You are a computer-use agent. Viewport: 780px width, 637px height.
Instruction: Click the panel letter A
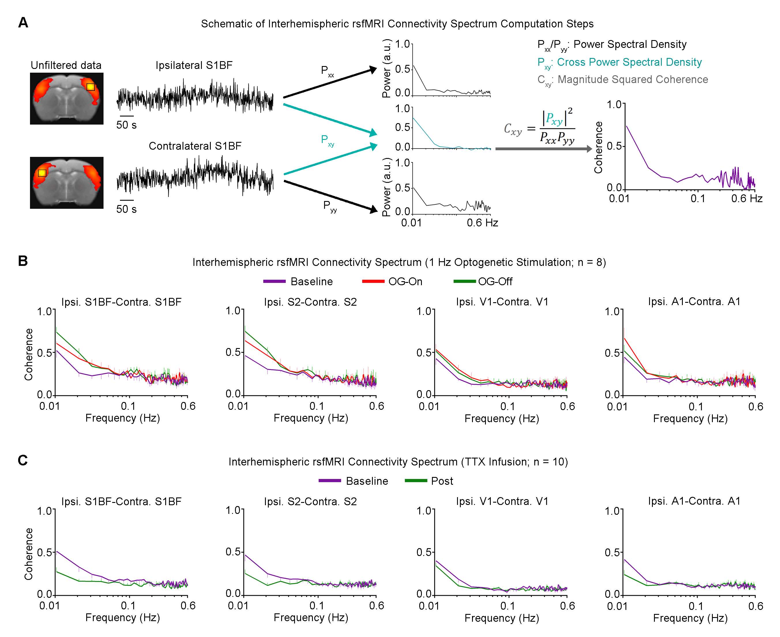coord(23,23)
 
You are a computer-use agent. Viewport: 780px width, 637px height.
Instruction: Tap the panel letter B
coord(23,261)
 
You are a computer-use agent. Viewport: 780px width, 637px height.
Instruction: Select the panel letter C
coord(23,460)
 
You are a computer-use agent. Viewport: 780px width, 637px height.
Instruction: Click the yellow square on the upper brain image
coord(91,87)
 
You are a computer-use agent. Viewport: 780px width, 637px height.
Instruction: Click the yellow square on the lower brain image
coord(42,173)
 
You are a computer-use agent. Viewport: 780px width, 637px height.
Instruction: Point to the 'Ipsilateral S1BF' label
coord(194,65)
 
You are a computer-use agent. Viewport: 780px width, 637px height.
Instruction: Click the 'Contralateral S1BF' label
coord(195,146)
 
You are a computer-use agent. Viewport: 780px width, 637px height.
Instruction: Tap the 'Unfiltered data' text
coord(66,65)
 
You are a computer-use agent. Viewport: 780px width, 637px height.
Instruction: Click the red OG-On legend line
coord(373,281)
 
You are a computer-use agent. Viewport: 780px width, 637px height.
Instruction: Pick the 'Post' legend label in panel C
coord(442,481)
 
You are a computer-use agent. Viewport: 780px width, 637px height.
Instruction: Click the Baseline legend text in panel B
coord(311,281)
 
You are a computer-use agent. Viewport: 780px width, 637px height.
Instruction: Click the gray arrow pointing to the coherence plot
coord(543,149)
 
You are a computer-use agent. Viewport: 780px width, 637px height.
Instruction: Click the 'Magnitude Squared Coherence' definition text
coord(633,80)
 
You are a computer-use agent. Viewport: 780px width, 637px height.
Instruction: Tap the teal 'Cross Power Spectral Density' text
coord(629,62)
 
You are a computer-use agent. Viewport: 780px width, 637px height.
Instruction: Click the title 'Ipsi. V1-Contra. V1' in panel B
coord(502,302)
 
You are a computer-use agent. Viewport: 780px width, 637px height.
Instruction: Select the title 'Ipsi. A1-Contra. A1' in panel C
coord(694,501)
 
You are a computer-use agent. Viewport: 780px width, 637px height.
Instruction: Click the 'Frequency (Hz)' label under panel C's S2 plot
coord(311,618)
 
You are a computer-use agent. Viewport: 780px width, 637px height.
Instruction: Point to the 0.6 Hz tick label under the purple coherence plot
coord(747,199)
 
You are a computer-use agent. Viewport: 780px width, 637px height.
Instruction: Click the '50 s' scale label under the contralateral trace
coord(126,209)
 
